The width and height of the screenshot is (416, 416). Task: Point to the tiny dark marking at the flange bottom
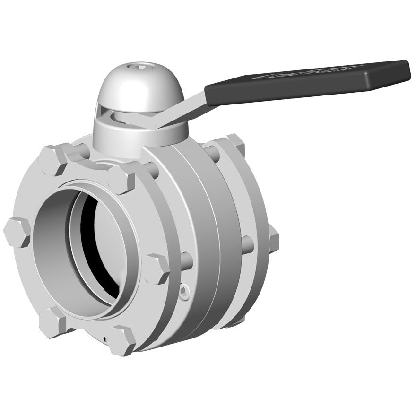pos(105,337)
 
